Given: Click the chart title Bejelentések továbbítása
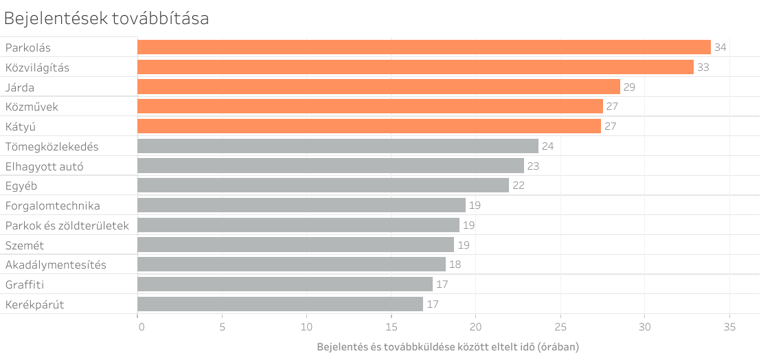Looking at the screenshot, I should (106, 19).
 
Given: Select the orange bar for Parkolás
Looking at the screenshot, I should (424, 47).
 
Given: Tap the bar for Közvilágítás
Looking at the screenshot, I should (416, 67).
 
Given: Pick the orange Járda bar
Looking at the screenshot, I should (378, 87).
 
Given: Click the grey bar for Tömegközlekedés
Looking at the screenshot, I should (338, 146).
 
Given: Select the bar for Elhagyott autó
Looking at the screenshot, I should (330, 166).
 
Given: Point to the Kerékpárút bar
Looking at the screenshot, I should (280, 304).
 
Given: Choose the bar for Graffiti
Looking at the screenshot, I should (285, 284).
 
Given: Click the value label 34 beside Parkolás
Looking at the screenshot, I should (720, 47).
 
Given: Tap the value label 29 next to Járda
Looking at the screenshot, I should (629, 87).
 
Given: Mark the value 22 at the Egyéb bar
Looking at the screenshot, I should (518, 186).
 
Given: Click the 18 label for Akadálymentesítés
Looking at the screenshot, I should (455, 265).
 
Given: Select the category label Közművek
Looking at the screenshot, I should (32, 107).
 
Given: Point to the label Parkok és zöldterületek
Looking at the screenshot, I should (67, 225).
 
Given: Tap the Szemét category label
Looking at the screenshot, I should (25, 245).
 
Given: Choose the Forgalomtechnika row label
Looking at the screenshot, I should (52, 205).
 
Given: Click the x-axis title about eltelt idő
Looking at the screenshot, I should (448, 347).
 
